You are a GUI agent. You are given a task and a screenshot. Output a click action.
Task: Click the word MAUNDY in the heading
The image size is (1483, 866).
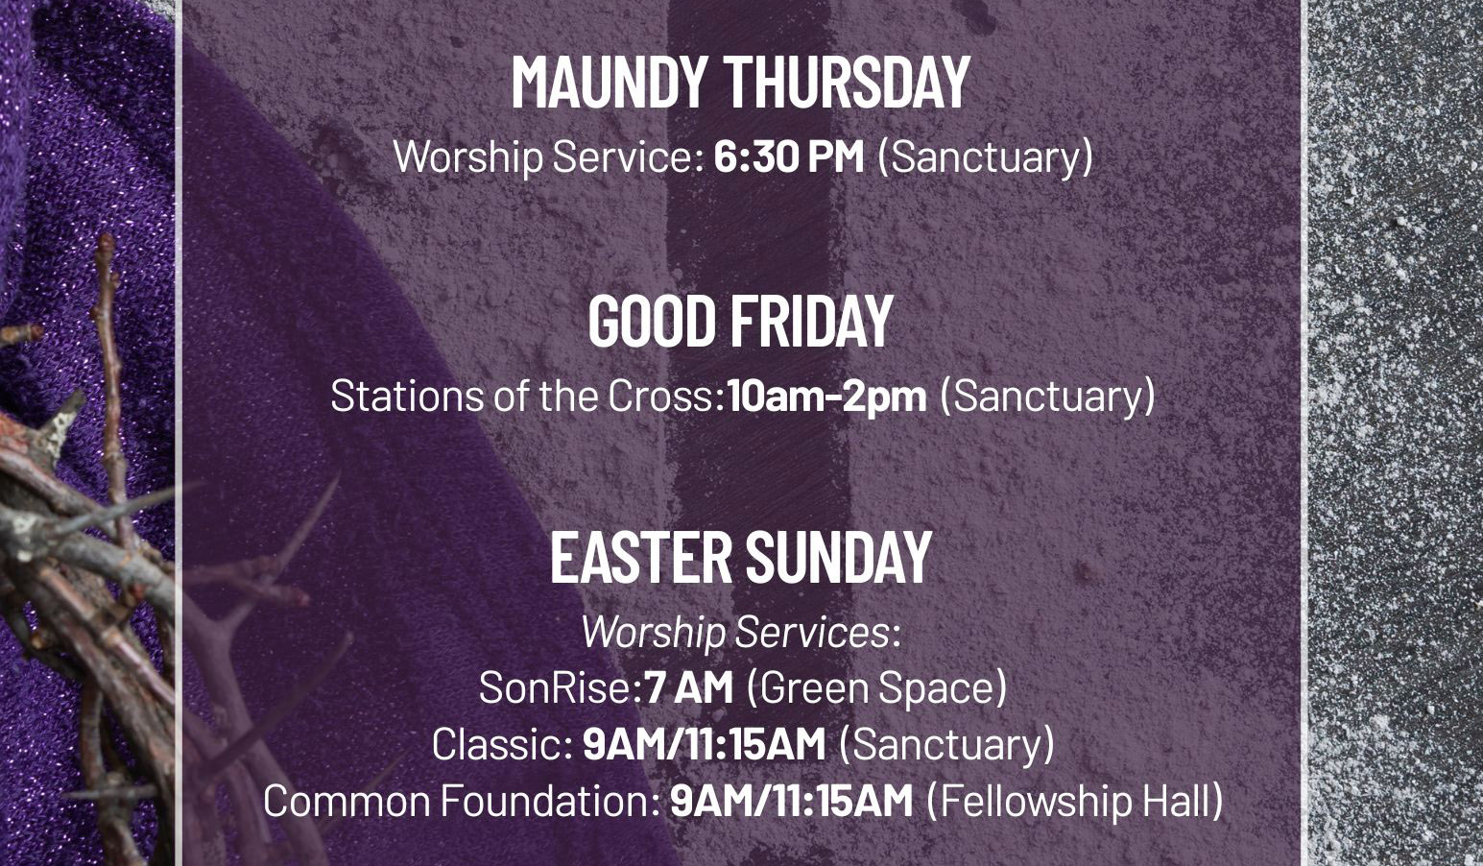(609, 83)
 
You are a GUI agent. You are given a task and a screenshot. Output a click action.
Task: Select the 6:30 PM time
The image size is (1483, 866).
(789, 156)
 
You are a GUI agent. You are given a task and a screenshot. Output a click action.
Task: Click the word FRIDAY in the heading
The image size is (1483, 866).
(812, 321)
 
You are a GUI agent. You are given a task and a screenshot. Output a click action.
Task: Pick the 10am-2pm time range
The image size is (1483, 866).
(826, 396)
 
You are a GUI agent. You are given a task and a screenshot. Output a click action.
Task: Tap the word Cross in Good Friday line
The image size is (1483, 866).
(662, 396)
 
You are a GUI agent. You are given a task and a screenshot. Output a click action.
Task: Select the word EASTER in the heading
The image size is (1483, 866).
(641, 557)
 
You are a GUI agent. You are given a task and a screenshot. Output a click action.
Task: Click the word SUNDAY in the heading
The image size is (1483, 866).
(839, 557)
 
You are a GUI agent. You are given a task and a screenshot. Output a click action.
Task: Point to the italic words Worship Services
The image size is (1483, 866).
(735, 633)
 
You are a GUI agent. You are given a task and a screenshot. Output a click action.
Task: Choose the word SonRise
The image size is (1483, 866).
(555, 687)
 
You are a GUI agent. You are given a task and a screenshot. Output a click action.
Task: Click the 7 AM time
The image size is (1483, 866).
(689, 687)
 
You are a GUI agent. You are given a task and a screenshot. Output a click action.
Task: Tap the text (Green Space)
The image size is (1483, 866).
(876, 688)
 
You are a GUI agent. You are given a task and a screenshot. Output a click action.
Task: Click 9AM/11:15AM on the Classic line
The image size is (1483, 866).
(705, 743)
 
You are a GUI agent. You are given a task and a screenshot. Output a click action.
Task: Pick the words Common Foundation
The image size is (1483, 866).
(458, 801)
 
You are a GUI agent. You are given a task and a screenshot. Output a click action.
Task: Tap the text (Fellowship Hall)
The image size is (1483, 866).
(1074, 801)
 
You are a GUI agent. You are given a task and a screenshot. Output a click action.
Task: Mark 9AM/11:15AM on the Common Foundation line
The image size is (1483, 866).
(791, 801)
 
